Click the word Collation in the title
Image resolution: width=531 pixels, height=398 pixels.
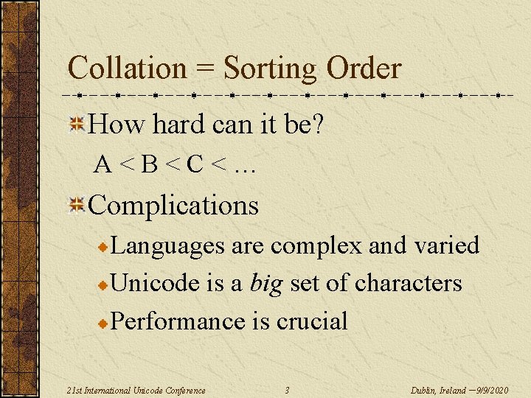click(127, 69)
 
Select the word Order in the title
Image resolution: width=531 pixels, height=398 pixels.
click(364, 69)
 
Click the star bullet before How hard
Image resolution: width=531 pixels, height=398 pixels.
click(77, 125)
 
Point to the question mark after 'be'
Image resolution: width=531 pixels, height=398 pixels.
click(317, 125)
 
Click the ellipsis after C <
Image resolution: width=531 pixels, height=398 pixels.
click(243, 167)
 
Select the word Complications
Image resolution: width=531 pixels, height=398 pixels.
click(173, 205)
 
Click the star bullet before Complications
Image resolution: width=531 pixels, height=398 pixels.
click(77, 206)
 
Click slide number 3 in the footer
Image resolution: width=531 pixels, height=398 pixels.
click(287, 389)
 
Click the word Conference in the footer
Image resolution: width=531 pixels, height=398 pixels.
click(184, 389)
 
